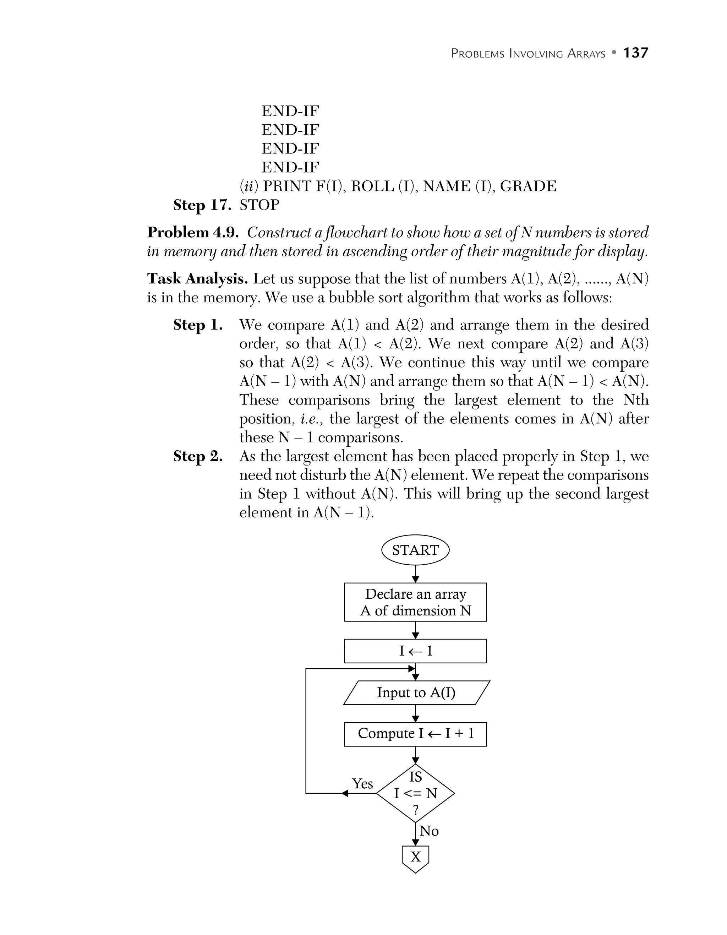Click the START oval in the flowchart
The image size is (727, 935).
coord(415,550)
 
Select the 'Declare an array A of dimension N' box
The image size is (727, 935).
coord(415,602)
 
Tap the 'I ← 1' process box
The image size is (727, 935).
coord(415,651)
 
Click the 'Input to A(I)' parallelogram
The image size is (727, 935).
coord(416,693)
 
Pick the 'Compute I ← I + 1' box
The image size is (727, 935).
coord(415,733)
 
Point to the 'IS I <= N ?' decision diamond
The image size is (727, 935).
coord(415,793)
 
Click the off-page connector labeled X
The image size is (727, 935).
coord(415,858)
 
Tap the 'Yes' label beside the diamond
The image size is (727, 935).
coord(362,784)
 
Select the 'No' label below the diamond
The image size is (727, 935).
coord(429,831)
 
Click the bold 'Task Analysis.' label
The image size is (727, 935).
coord(197,279)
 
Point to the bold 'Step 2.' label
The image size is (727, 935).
coord(198,456)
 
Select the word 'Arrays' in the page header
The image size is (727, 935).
coord(586,54)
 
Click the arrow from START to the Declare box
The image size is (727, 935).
coord(415,573)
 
